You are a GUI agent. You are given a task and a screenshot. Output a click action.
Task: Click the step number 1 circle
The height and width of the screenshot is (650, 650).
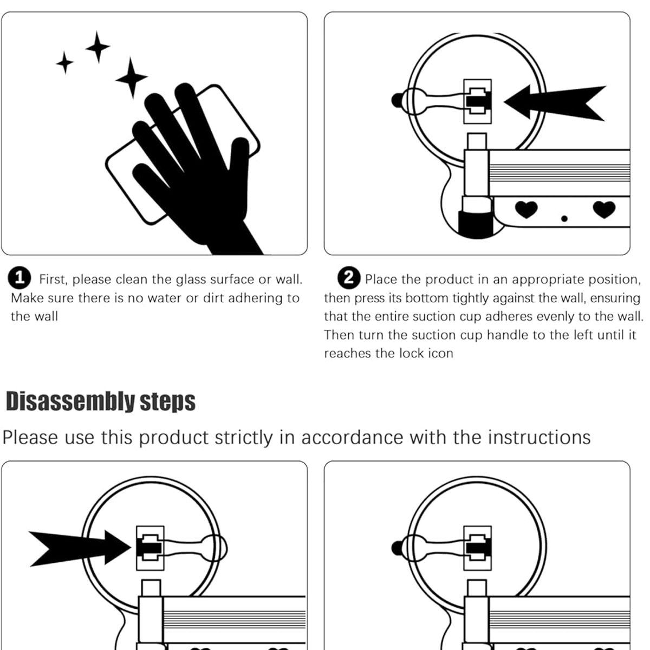coord(19,278)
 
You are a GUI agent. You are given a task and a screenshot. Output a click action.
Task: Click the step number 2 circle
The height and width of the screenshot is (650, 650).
coord(349,278)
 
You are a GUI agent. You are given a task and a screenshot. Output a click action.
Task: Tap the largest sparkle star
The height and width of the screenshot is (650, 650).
coord(131,78)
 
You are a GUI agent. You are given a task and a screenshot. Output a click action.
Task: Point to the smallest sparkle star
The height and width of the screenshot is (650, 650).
coord(65,63)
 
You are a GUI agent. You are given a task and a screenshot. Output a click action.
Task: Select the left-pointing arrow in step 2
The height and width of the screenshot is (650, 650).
coord(555,102)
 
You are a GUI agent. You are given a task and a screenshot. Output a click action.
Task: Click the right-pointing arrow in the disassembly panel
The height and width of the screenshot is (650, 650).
coord(80,548)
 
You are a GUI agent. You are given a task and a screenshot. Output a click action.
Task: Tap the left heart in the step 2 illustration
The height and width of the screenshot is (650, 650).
coord(526,209)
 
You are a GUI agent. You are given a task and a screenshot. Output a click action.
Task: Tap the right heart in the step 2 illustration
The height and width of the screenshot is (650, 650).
coord(604,209)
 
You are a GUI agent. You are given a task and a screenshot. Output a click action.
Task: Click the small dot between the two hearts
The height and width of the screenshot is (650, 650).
coord(564,219)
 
